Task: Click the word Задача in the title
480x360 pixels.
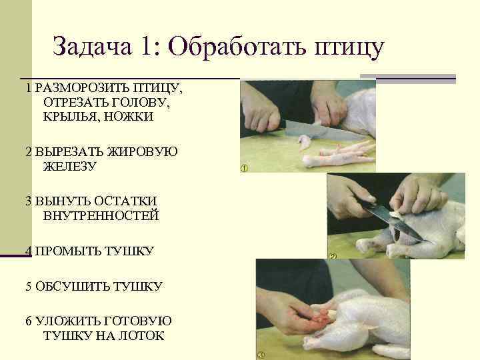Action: point(92,46)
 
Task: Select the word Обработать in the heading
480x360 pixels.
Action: point(237,47)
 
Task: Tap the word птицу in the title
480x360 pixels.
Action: point(349,49)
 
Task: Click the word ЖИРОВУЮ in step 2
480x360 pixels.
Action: point(141,152)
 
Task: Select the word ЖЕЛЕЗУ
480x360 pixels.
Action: point(70,167)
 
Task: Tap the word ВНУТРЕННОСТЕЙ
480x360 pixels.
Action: point(101,215)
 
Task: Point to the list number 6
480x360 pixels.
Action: point(29,321)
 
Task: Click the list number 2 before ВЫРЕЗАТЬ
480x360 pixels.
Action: point(29,152)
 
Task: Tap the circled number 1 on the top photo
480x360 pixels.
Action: point(244,168)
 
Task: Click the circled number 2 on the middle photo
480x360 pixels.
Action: point(332,256)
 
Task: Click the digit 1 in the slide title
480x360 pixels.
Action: point(145,46)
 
